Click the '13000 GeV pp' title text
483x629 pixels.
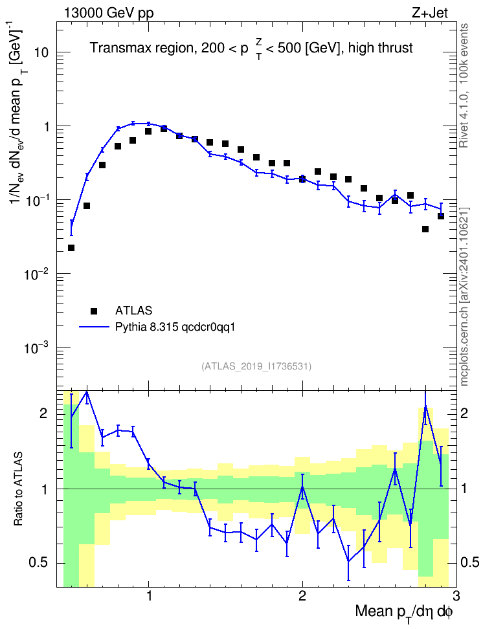(x=109, y=13)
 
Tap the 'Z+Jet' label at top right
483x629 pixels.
(x=430, y=13)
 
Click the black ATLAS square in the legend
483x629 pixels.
(x=94, y=311)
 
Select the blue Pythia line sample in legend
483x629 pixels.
(x=94, y=327)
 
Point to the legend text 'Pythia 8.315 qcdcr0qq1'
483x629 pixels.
(x=175, y=327)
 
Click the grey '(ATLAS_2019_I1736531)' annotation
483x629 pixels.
(x=256, y=366)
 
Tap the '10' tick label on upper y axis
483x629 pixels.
(x=40, y=52)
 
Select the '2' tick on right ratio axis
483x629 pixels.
(x=464, y=413)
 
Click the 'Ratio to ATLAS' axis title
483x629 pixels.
(x=18, y=489)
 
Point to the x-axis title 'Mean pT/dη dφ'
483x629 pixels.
(x=404, y=613)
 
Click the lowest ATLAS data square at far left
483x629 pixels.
(x=71, y=248)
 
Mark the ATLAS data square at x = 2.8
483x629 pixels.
(x=425, y=229)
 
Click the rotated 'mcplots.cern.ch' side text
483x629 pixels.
(x=464, y=344)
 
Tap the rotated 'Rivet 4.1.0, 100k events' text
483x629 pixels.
(x=464, y=85)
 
